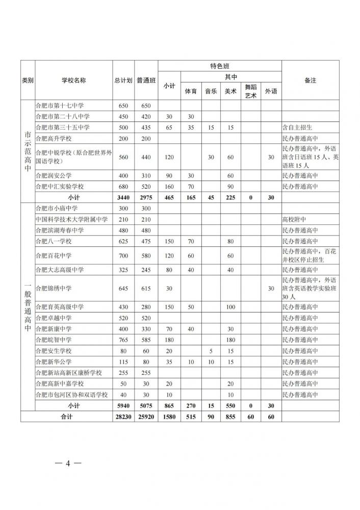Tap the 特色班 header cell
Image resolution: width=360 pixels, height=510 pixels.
(x=220, y=66)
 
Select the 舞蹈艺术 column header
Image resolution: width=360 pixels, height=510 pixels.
(x=250, y=91)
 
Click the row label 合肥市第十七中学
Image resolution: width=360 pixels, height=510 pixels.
(x=59, y=106)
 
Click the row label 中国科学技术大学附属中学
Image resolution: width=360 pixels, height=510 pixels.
(x=71, y=219)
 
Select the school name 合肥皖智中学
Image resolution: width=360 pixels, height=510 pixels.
(x=53, y=339)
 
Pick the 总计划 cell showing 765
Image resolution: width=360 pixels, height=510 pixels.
(x=123, y=339)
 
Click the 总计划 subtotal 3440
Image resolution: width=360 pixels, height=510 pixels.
(x=123, y=197)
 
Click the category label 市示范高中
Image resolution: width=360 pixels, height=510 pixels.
(x=27, y=150)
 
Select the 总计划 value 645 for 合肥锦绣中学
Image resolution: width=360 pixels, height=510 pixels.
(x=123, y=289)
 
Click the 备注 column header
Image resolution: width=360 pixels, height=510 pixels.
(x=310, y=81)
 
